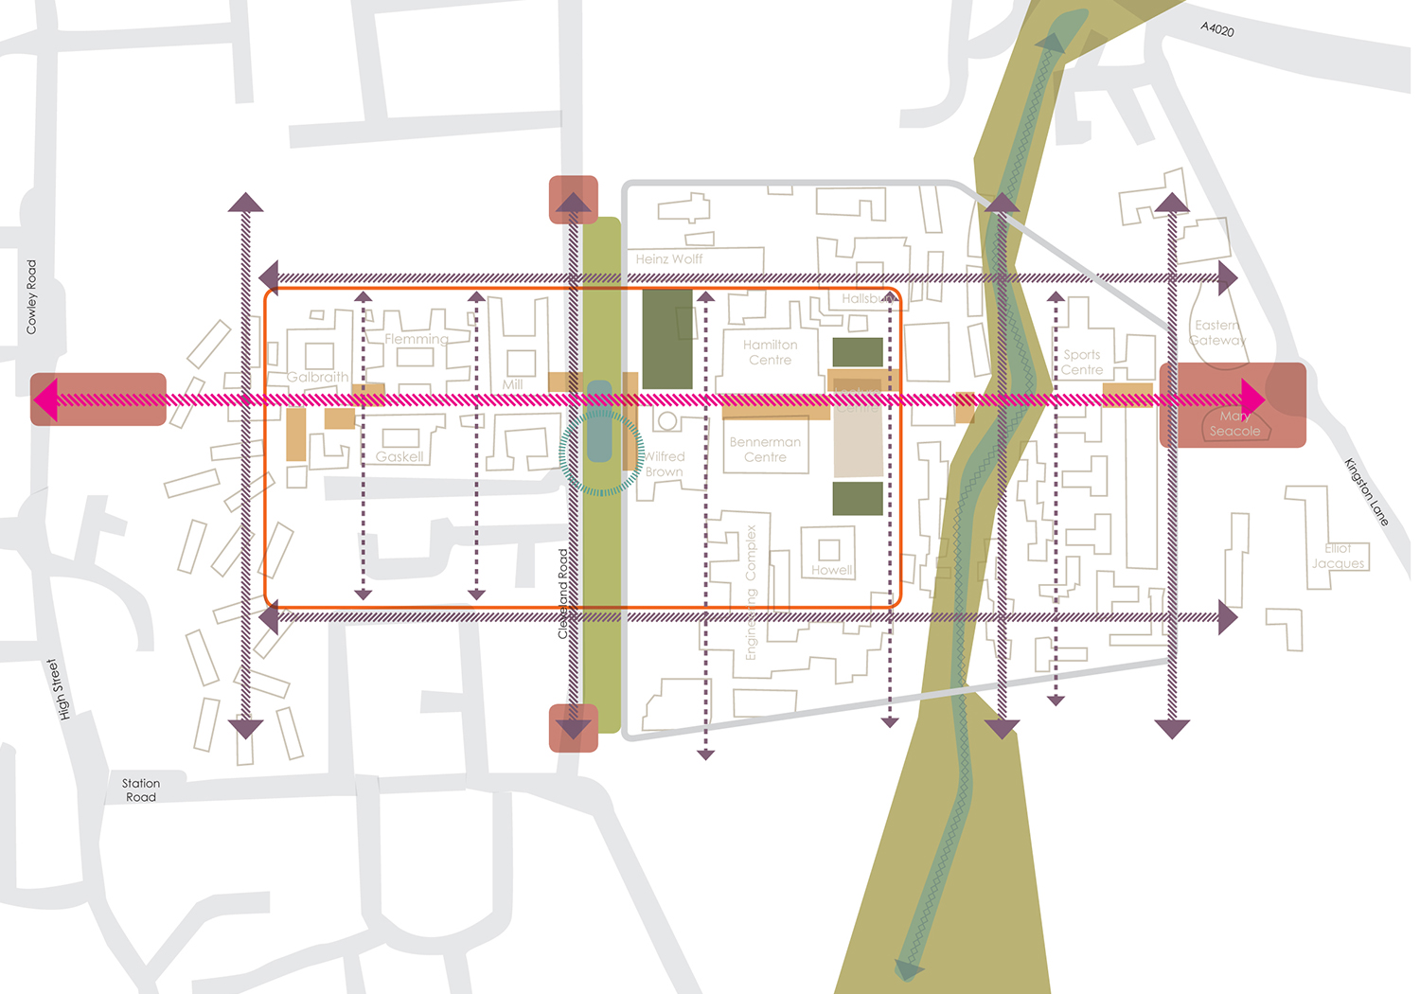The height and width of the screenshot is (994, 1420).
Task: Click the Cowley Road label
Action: tap(31, 296)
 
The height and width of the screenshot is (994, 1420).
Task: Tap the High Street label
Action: tap(59, 689)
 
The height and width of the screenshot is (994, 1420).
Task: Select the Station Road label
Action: tap(141, 790)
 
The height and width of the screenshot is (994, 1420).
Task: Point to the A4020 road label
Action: tap(1217, 29)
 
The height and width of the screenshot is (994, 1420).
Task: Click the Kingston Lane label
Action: tap(1366, 492)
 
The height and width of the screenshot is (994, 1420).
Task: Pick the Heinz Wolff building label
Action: tap(669, 259)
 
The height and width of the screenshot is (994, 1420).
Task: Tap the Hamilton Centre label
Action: tap(771, 352)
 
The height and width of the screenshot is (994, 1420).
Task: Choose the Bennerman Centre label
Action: tap(765, 450)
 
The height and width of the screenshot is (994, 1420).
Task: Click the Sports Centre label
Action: tap(1082, 363)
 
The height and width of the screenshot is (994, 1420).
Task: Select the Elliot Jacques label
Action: tap(1338, 556)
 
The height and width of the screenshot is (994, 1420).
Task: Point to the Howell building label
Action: tap(831, 570)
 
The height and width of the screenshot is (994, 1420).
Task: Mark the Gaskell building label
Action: tap(399, 456)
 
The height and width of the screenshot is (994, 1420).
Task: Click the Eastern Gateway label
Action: tap(1217, 332)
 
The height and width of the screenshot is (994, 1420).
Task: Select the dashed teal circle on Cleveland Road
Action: tap(601, 453)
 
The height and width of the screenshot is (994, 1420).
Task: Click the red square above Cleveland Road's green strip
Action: tap(574, 199)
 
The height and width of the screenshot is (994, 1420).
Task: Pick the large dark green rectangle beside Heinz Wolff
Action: tap(667, 339)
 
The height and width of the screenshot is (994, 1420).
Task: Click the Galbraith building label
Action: tap(317, 377)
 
